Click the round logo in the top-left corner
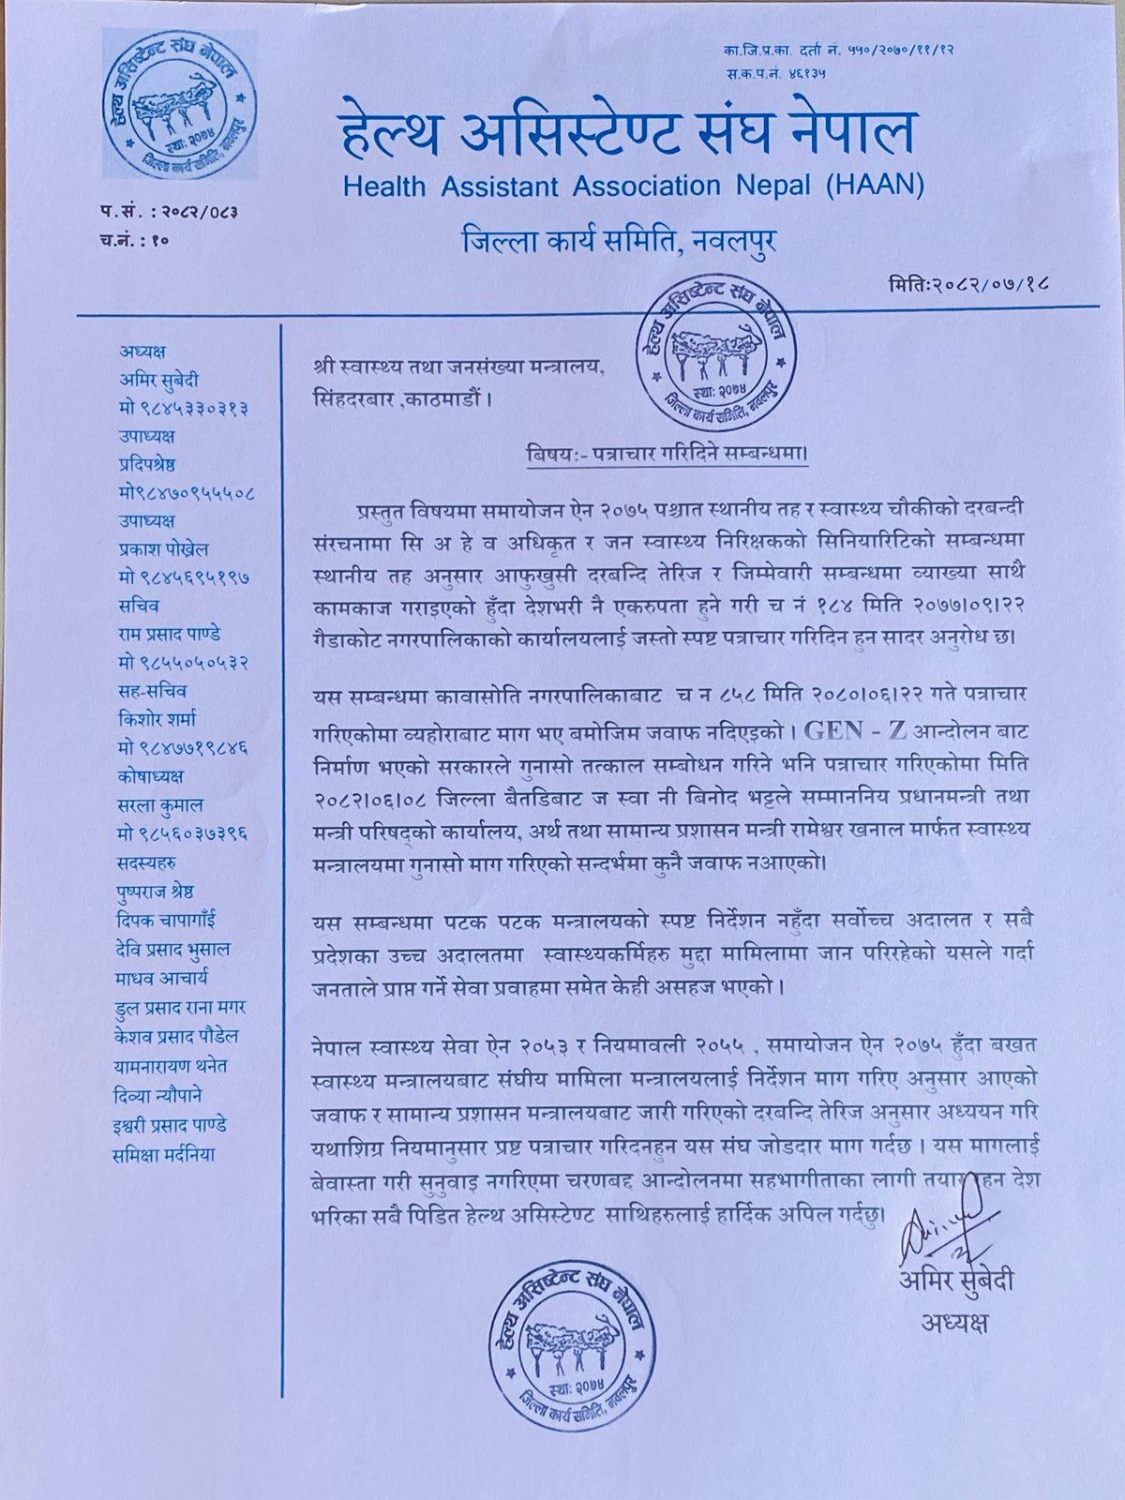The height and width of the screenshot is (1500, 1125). (179, 104)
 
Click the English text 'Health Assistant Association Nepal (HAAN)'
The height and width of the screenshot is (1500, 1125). (634, 185)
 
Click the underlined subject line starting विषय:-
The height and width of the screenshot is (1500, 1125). (667, 454)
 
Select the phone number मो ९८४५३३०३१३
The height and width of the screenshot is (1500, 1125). (183, 409)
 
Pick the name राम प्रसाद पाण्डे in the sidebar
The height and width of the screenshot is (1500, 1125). (170, 634)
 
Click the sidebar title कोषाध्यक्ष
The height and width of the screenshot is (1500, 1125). (151, 776)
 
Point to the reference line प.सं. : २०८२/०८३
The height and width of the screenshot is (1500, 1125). (169, 212)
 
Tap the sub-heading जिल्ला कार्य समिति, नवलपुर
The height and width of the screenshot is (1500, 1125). (620, 242)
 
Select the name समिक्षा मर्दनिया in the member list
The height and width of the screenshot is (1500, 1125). (163, 1154)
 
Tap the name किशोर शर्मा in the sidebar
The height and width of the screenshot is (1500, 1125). (158, 719)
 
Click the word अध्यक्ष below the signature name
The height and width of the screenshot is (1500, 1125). (953, 1323)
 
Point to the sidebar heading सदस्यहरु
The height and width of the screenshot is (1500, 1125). (146, 862)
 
